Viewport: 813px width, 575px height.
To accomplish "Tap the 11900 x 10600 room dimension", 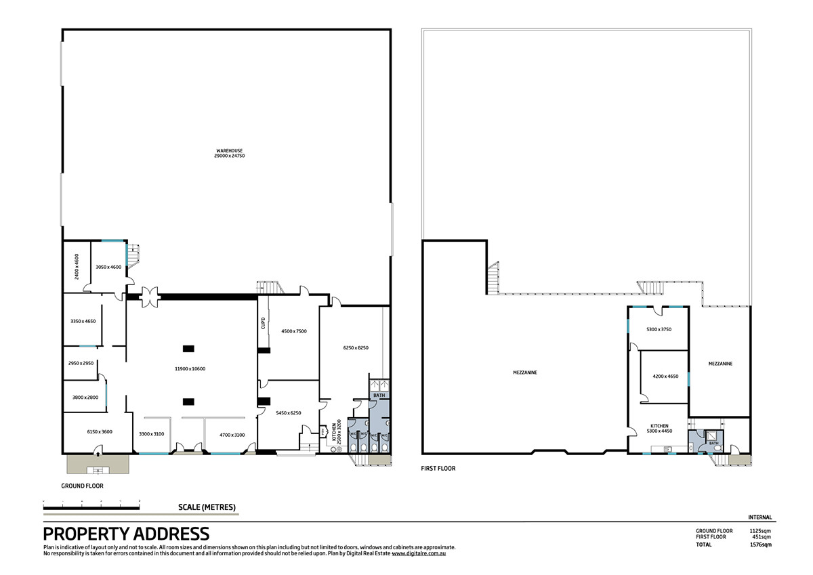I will click(190, 368).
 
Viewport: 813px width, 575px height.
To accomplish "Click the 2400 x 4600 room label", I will click(77, 266).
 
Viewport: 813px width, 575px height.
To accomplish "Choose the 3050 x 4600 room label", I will click(108, 267).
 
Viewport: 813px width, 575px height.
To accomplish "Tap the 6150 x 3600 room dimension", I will click(99, 431).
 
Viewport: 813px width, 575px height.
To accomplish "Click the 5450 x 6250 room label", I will click(288, 412).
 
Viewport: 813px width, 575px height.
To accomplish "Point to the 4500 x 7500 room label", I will click(293, 331).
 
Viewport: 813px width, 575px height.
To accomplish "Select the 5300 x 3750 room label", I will click(659, 329).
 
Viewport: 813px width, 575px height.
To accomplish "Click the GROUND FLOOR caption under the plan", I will click(82, 486).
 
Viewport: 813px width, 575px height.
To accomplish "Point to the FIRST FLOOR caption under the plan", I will click(438, 468).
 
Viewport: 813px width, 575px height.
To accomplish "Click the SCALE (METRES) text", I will click(207, 507).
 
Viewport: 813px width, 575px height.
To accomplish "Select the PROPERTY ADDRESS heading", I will click(126, 534).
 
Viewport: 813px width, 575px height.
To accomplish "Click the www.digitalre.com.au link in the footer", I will click(418, 553).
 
